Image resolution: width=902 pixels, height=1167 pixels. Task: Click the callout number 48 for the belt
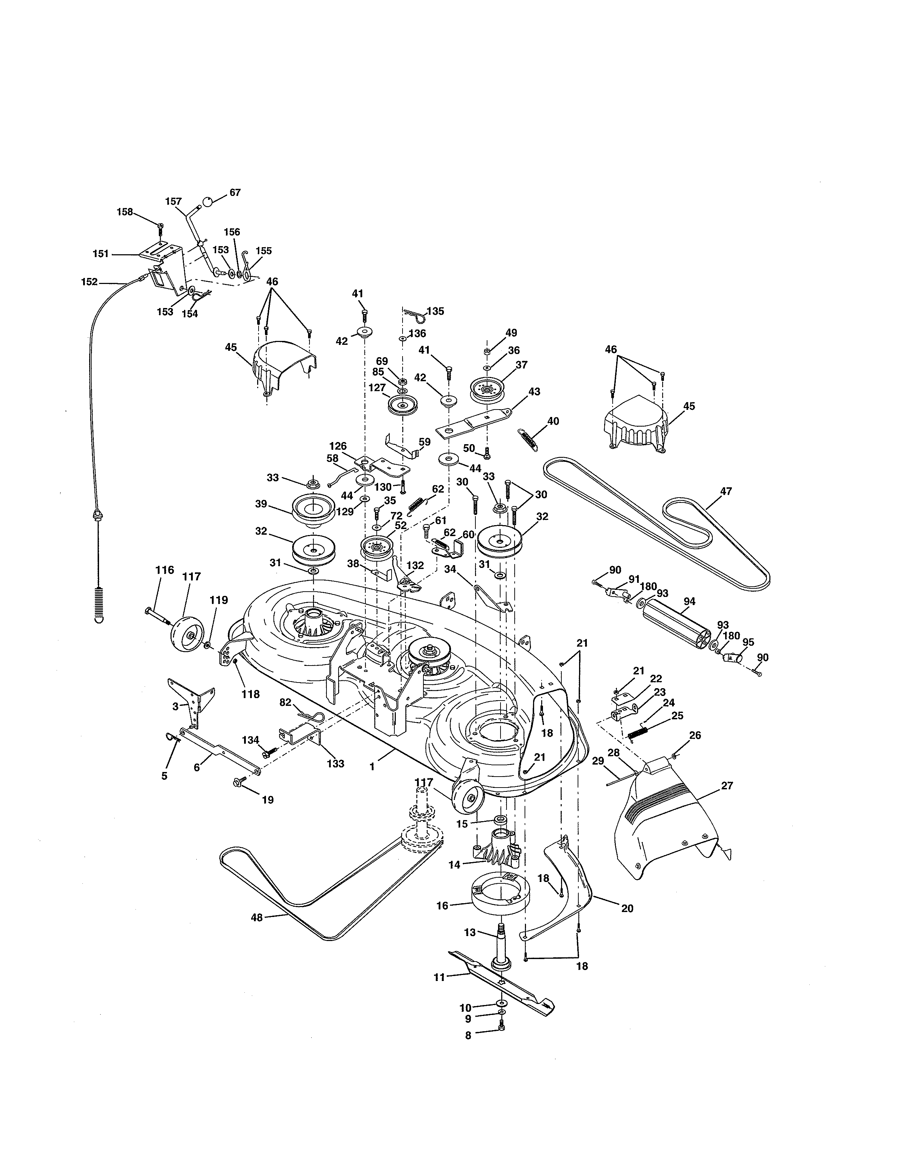257,917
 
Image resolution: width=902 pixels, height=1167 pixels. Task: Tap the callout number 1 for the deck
372,766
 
